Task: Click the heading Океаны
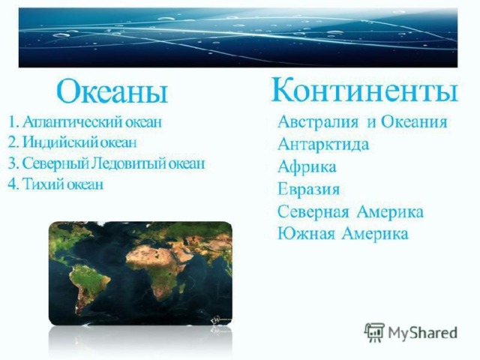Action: coord(112,91)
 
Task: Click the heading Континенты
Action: coord(364,89)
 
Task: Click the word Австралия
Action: coord(318,121)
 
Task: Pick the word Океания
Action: coord(414,121)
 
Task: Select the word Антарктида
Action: coord(323,145)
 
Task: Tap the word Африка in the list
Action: coord(307,166)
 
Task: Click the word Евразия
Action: coord(308,189)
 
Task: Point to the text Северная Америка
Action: coord(350,211)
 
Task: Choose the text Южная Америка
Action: coord(343,234)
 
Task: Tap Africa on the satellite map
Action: coord(159,269)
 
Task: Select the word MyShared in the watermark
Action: coord(422,333)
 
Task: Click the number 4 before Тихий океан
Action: coord(12,184)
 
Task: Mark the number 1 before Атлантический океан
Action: coord(12,122)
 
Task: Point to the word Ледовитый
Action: coord(129,163)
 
